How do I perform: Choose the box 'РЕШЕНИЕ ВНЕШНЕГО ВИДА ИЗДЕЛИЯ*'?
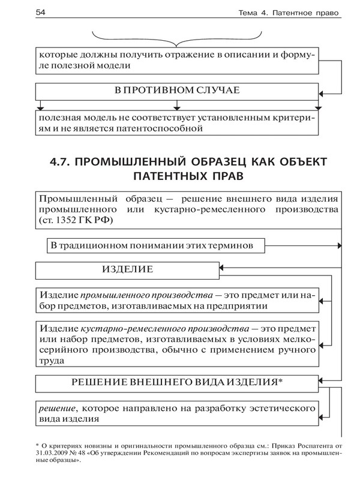(178, 382)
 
